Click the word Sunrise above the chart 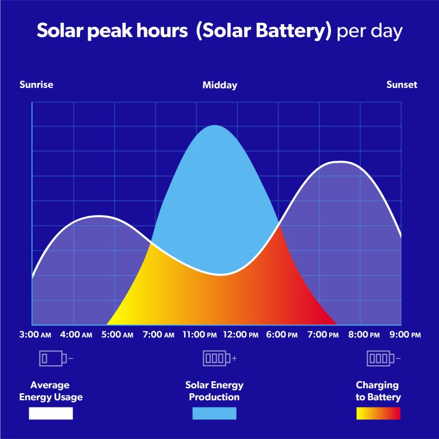point(36,85)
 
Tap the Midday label point(219,85)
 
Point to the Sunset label point(402,85)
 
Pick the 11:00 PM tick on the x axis point(199,334)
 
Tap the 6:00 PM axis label point(282,334)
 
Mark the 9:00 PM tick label point(405,334)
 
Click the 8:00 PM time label point(364,334)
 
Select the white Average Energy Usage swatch point(51,413)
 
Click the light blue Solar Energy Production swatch point(214,413)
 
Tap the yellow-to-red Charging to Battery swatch point(378,413)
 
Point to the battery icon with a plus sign point(219,358)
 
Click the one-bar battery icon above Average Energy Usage point(55,358)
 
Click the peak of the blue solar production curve point(214,126)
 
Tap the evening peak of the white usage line point(340,162)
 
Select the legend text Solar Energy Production point(214,391)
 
